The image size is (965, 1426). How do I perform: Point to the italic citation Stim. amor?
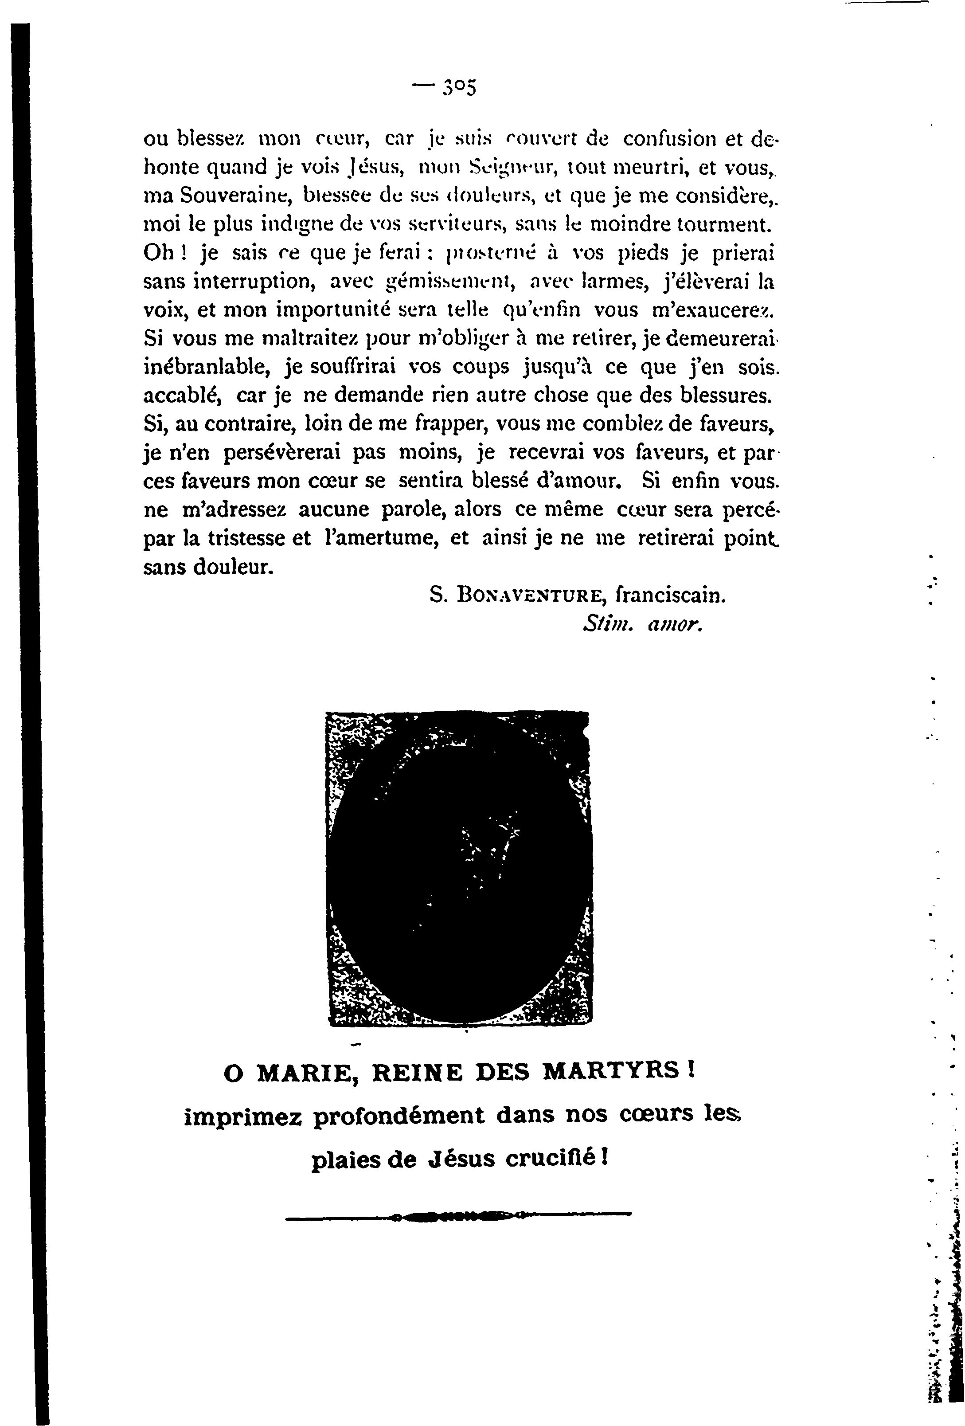(642, 625)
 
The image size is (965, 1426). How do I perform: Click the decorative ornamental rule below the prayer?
(458, 1214)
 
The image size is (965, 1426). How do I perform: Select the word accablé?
(183, 396)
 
